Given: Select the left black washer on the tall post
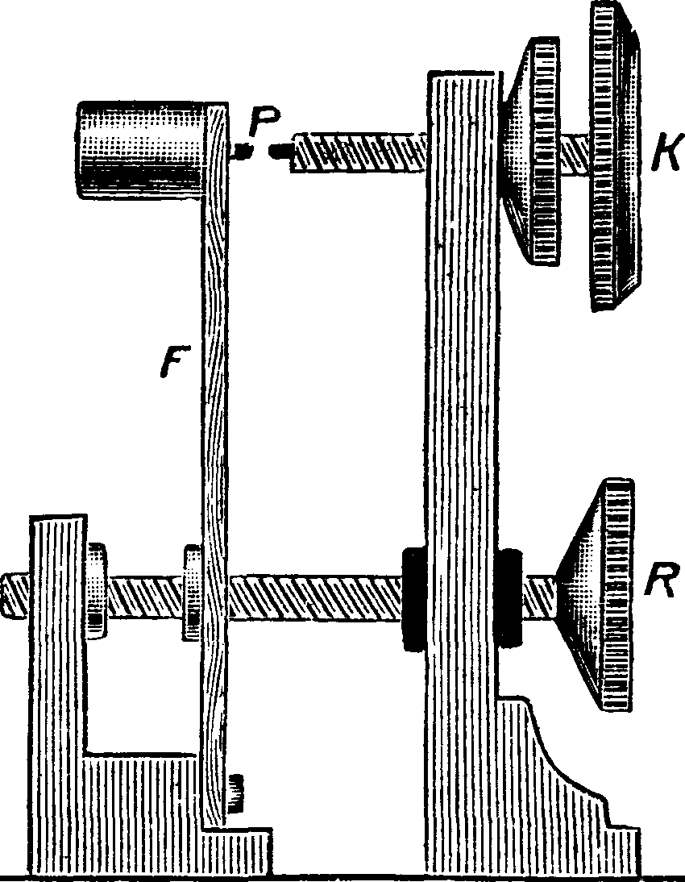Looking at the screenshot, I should tap(413, 597).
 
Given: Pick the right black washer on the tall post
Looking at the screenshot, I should tap(511, 597).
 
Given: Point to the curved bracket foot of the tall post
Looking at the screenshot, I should tap(564, 774).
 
